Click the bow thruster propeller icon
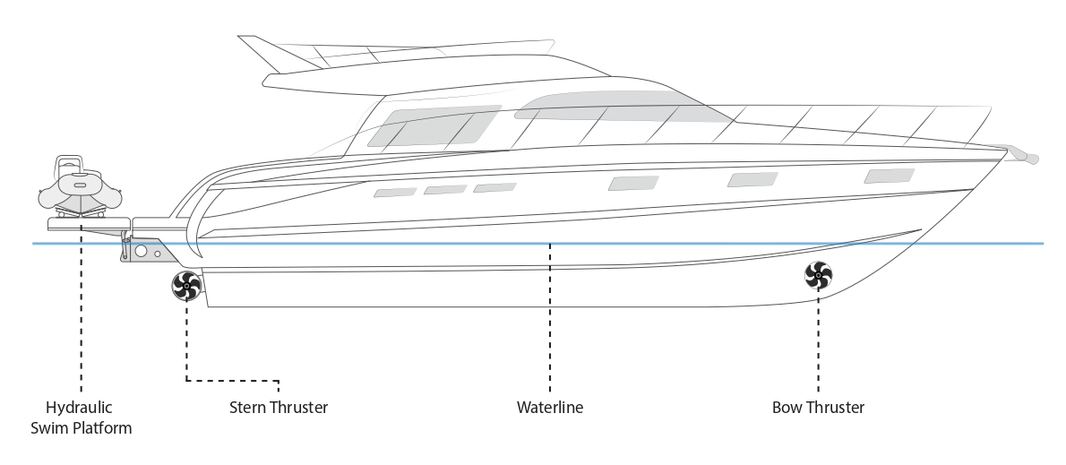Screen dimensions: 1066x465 coord(818,275)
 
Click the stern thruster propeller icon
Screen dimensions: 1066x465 coord(186,286)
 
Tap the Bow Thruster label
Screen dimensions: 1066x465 coord(818,408)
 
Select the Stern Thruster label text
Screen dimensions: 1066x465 coord(278,408)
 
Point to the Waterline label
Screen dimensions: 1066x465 coord(549,408)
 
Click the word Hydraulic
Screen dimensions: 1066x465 coord(79,408)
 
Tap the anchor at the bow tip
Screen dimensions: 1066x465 coord(1019,153)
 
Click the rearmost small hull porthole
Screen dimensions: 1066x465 coord(395,193)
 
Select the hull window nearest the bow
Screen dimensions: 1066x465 coord(889,176)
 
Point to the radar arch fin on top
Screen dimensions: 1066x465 coord(279,53)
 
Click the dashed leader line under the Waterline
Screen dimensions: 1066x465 coord(549,317)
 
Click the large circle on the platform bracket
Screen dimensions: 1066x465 coord(141,251)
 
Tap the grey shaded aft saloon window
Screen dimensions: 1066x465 coord(434,125)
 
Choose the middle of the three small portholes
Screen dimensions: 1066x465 coord(445,190)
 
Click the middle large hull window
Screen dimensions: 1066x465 coord(752,179)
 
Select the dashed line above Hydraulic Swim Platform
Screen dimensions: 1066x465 coord(81,308)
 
